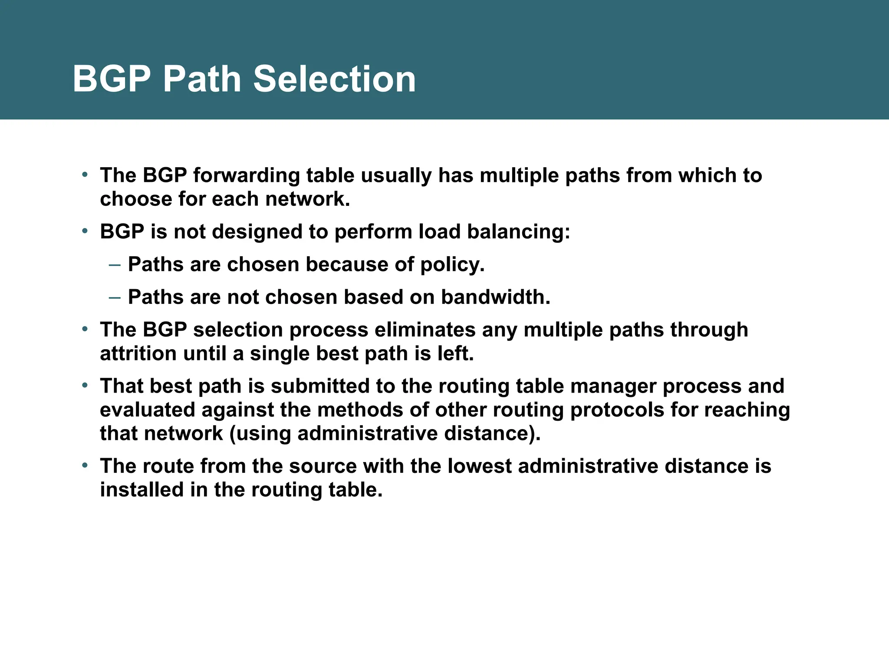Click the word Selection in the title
click(334, 79)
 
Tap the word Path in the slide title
click(201, 79)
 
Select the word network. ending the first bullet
click(307, 199)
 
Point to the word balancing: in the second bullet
click(518, 231)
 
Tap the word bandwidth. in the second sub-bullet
click(495, 297)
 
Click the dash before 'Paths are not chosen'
click(115, 297)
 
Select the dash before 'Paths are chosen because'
click(115, 264)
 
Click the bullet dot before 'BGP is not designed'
click(85, 231)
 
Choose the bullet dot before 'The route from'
click(85, 466)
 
